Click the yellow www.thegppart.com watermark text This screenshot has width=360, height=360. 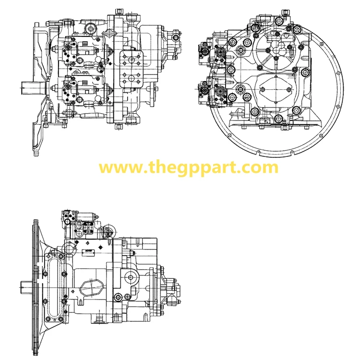coord(188,168)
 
